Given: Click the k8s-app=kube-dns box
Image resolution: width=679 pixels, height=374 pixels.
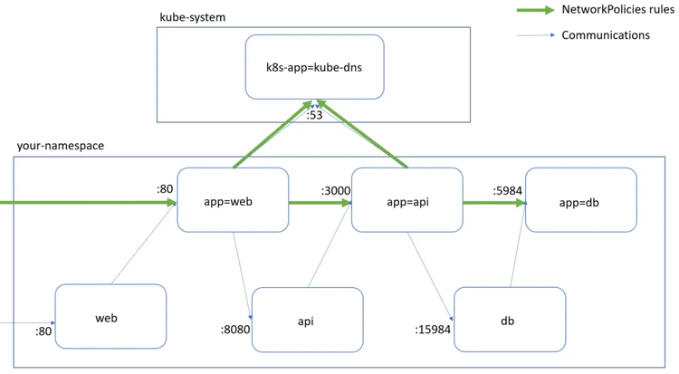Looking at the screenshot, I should click(x=314, y=67).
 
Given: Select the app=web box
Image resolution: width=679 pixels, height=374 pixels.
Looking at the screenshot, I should click(x=233, y=202).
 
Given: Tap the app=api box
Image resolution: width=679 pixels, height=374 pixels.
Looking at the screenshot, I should click(x=406, y=202).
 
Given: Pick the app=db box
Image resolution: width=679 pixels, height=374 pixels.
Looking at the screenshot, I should click(x=580, y=202).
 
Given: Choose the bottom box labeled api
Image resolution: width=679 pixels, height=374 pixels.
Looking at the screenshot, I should click(x=307, y=320).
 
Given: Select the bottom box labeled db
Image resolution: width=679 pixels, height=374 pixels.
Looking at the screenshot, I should click(x=509, y=320).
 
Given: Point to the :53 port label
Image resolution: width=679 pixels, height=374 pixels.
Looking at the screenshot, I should click(x=314, y=115).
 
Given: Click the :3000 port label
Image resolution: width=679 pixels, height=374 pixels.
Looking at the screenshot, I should click(x=336, y=191).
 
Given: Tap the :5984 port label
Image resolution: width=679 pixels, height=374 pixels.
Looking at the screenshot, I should click(x=507, y=191).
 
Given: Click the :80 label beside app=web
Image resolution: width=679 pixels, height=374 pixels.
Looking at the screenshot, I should click(x=164, y=190).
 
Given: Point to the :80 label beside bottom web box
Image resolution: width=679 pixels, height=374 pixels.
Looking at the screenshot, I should click(x=43, y=331).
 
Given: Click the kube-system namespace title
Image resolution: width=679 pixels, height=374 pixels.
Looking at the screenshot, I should click(x=192, y=17).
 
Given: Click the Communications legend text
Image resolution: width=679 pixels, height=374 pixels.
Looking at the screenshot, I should click(x=606, y=35).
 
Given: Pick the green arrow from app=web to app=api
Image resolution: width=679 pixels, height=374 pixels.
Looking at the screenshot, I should click(x=320, y=204).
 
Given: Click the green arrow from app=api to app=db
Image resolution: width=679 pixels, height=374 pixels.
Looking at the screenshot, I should click(x=493, y=204).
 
